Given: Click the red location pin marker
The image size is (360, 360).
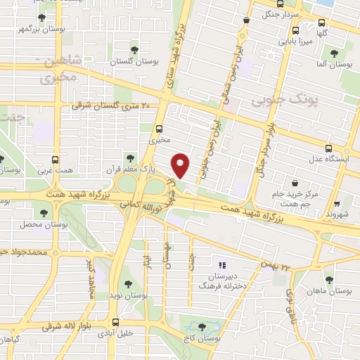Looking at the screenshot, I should click(x=181, y=165).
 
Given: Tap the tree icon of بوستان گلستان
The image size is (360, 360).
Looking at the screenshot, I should click(x=134, y=50).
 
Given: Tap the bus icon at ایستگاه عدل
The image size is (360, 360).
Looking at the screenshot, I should click(x=329, y=148).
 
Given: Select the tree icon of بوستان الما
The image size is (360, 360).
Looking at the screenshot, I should click(x=333, y=53).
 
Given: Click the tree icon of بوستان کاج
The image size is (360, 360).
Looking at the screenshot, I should click(x=203, y=326).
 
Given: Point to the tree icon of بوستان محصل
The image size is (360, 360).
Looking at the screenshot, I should click(x=44, y=212).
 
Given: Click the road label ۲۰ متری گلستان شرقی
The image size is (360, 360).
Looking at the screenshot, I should click(x=112, y=105).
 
